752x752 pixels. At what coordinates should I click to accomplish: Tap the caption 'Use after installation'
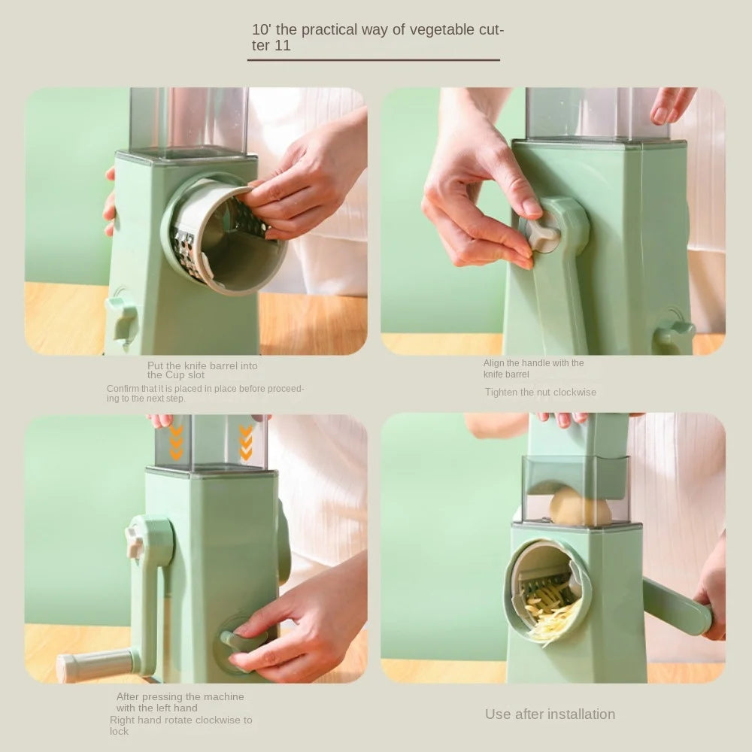(x=550, y=714)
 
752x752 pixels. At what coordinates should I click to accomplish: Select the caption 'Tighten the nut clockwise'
(x=540, y=392)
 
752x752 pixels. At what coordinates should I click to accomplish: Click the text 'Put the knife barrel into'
(x=202, y=365)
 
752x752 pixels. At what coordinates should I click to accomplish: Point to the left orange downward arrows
(x=176, y=443)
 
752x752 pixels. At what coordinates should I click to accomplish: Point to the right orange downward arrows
(x=246, y=443)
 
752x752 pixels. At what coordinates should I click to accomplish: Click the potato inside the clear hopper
(x=579, y=507)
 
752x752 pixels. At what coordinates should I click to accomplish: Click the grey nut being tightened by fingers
(x=542, y=234)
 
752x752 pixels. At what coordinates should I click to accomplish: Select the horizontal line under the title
(x=374, y=59)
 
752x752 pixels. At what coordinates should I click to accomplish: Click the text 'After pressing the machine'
(x=180, y=696)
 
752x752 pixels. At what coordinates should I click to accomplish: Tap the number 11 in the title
(x=282, y=46)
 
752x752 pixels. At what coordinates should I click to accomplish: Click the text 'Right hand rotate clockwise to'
(x=180, y=720)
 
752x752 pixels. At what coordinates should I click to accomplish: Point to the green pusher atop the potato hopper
(x=578, y=436)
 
